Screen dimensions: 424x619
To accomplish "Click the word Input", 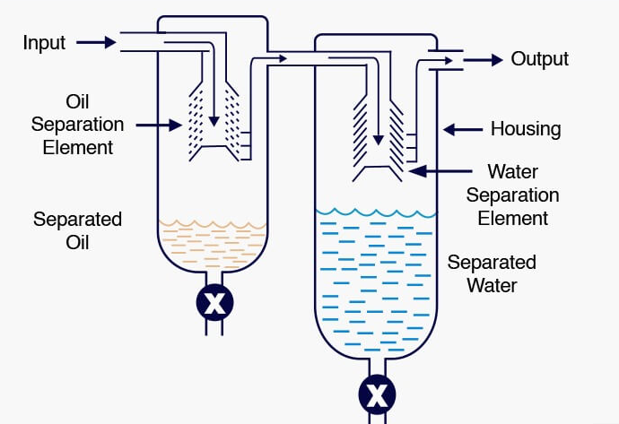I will click(x=45, y=42).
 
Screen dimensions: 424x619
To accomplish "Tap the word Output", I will click(x=539, y=59).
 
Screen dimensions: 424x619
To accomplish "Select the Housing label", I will click(x=525, y=129).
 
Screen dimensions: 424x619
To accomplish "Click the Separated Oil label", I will click(x=77, y=230).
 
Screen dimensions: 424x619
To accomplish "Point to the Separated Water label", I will click(x=492, y=274).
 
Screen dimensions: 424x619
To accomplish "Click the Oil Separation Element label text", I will click(x=77, y=123).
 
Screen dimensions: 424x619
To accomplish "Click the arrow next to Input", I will click(x=97, y=42).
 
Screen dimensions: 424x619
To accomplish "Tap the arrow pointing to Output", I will click(x=483, y=60).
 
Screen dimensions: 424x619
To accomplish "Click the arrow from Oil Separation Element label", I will click(x=161, y=126).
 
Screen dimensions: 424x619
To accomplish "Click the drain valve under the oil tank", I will click(x=214, y=303).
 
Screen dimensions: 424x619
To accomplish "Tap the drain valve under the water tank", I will click(x=376, y=393).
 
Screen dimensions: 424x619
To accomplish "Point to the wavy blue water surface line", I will click(x=376, y=213).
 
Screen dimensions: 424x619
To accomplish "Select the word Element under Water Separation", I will click(x=513, y=218).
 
